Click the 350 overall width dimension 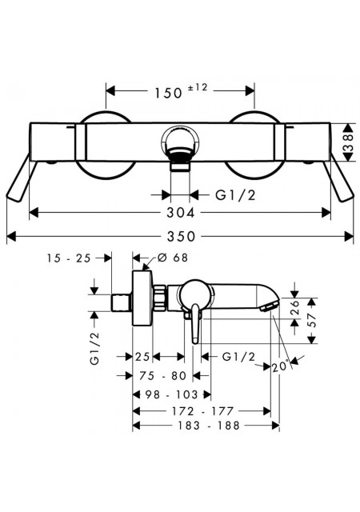181,236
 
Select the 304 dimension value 181,213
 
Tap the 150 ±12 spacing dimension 181,91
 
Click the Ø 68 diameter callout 173,258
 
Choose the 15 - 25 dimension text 68,258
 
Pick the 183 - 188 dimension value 208,425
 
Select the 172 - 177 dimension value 202,410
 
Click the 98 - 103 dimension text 171,394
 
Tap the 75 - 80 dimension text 162,375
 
